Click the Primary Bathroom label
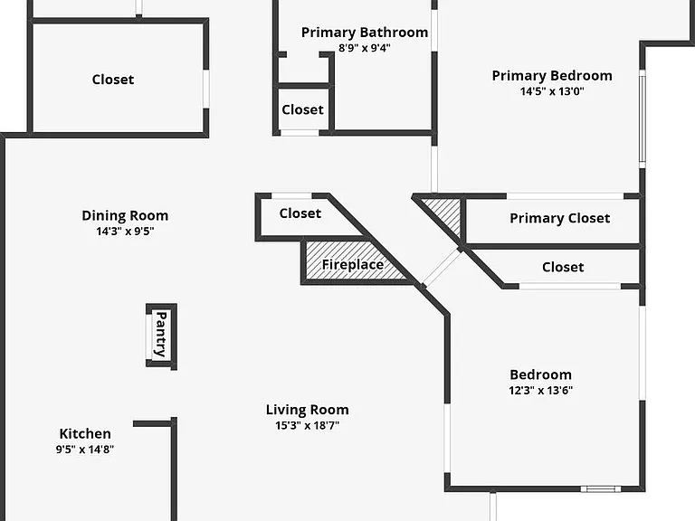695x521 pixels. click(365, 33)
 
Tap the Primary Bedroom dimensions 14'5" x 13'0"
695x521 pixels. click(552, 91)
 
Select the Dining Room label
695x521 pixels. click(125, 216)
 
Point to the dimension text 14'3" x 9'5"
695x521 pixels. click(125, 232)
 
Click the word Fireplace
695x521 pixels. click(353, 264)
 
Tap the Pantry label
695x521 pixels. click(161, 334)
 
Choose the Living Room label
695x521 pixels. click(307, 410)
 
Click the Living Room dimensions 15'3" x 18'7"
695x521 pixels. click(307, 425)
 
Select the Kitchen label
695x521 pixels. click(85, 433)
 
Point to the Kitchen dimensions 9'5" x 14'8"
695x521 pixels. click(85, 450)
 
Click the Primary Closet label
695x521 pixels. click(560, 218)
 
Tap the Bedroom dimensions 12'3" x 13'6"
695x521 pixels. click(541, 391)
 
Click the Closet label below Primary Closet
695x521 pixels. click(563, 267)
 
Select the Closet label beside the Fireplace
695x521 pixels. click(300, 213)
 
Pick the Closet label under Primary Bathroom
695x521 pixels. click(303, 109)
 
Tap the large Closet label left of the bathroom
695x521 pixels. click(113, 80)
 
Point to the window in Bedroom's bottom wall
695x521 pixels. click(601, 489)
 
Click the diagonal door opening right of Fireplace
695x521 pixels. click(441, 267)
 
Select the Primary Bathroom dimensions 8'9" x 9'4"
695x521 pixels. click(365, 48)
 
